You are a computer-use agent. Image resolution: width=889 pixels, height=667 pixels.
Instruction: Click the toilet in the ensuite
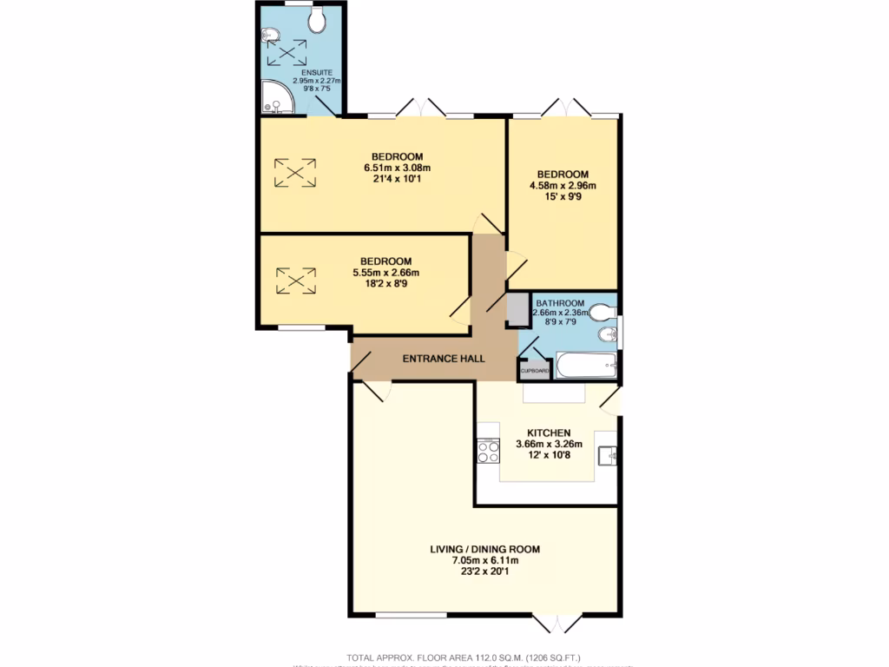coord(316,19)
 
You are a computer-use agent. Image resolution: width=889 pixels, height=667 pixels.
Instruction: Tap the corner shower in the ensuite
coord(276,99)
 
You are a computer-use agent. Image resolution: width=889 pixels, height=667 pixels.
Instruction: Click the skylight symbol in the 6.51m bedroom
coord(295,172)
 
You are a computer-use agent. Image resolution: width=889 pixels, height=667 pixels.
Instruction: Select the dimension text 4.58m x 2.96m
coord(563,185)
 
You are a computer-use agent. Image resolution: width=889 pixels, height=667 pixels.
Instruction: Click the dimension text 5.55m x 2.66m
coord(386,272)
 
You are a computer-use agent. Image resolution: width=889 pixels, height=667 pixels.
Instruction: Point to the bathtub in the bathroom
coord(586,365)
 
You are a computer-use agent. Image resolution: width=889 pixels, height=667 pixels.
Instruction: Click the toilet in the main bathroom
coord(600,312)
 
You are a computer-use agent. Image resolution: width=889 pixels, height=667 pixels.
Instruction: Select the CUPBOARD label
coord(534,372)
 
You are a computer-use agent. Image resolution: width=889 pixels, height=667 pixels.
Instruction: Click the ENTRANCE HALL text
coord(443,359)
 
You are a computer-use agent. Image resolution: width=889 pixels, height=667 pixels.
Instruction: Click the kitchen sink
coord(607,452)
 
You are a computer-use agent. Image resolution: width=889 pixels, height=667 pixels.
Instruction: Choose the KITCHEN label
coord(549,433)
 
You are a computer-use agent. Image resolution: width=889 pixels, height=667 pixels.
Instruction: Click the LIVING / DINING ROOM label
coord(485,549)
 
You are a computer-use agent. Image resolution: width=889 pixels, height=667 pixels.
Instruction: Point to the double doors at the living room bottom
coord(556,622)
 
